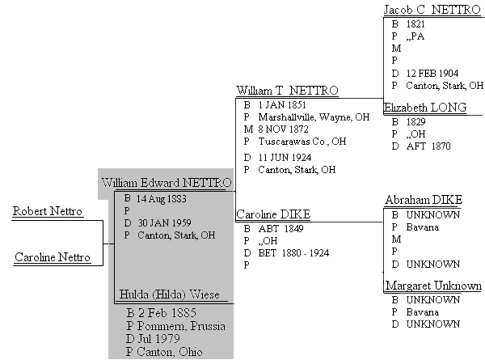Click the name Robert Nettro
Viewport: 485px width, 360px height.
(48, 211)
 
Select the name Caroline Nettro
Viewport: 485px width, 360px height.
(53, 257)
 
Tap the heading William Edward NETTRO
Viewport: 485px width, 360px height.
(166, 183)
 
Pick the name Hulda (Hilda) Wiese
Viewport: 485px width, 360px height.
(169, 294)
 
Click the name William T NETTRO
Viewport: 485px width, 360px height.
(287, 91)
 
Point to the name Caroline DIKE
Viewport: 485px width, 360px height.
(273, 214)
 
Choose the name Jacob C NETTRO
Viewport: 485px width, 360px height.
(432, 10)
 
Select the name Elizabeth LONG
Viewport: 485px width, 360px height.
(425, 108)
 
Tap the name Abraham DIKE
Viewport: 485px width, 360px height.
(424, 200)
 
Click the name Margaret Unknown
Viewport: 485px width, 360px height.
(433, 286)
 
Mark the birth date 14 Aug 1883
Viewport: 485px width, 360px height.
(161, 198)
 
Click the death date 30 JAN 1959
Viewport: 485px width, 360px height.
(164, 222)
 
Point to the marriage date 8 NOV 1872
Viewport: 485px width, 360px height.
(284, 129)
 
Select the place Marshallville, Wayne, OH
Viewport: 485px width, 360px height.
(314, 117)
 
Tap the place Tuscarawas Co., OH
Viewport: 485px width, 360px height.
(302, 142)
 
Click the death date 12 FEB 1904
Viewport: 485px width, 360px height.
(432, 74)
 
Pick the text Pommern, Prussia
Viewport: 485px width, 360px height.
(181, 326)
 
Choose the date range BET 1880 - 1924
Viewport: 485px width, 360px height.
(293, 253)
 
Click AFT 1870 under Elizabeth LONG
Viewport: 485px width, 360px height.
(428, 146)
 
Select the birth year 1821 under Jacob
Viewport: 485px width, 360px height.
(415, 24)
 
